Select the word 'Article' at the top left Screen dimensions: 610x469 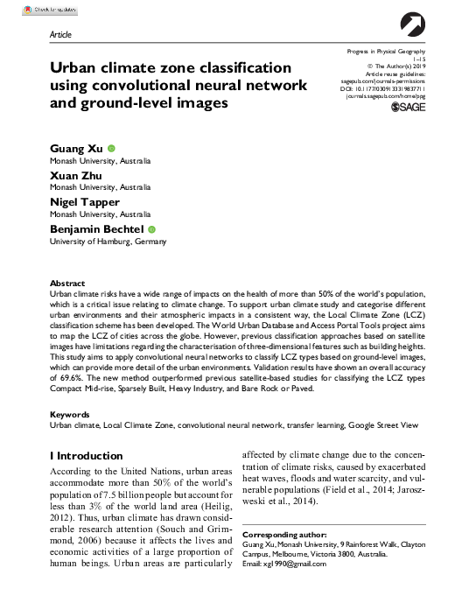tap(60, 35)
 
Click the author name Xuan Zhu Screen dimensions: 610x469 tap(76, 176)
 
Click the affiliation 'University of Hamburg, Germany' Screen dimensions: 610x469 tap(108, 241)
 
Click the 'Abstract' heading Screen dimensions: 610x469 tap(67, 284)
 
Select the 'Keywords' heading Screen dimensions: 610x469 tap(70, 413)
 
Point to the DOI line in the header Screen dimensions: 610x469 tap(385, 88)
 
